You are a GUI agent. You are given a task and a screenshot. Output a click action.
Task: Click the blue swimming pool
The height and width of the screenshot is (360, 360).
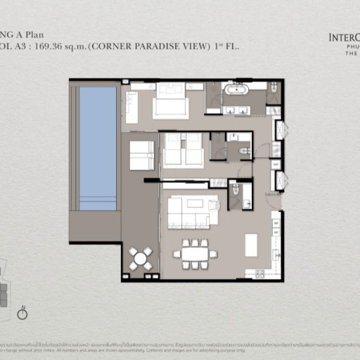click(98, 148)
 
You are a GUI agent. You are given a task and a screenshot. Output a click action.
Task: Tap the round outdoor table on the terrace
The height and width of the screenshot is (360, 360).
click(141, 258)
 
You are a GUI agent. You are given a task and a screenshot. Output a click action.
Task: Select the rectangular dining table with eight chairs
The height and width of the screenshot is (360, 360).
click(195, 254)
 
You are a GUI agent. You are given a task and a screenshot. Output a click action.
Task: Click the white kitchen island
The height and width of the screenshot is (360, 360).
click(251, 245)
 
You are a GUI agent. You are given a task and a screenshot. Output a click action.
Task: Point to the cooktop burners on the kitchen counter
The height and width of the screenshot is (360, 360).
click(259, 273)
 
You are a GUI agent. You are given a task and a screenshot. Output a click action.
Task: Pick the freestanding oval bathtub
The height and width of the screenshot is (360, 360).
click(236, 90)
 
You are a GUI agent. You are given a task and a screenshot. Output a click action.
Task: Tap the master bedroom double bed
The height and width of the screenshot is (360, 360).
click(171, 103)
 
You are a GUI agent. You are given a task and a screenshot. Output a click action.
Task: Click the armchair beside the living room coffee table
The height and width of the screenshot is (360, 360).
click(214, 205)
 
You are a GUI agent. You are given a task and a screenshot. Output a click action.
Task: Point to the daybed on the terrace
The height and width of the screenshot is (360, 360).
click(141, 155)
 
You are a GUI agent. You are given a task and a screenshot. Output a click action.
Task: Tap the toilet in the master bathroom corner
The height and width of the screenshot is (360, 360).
click(273, 87)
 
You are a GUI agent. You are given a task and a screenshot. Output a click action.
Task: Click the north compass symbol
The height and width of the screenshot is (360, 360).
click(22, 314)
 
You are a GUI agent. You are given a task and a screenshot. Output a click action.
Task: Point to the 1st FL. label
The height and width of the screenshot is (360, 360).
click(229, 46)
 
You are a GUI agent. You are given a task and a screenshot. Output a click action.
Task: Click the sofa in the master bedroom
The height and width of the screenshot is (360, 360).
click(131, 107)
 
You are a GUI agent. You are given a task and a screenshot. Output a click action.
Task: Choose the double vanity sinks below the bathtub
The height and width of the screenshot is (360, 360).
click(236, 110)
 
